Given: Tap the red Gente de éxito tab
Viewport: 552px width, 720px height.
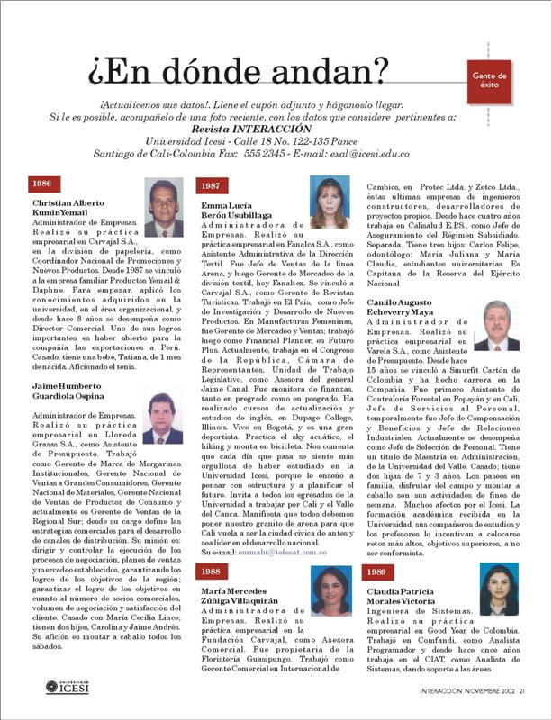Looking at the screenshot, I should click(x=489, y=80).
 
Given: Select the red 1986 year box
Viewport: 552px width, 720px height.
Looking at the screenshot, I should click(x=41, y=184).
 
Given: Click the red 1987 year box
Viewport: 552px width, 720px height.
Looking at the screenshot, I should click(x=210, y=185).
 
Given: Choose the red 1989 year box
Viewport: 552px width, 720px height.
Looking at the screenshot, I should click(x=379, y=545).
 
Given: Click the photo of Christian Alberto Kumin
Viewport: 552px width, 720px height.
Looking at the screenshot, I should click(x=162, y=207).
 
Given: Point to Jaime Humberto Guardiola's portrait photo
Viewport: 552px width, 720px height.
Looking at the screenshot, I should click(x=161, y=418).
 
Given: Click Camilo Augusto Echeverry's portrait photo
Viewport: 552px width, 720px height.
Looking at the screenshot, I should click(x=496, y=325).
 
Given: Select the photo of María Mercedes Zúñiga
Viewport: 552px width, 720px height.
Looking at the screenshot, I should click(x=329, y=589).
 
